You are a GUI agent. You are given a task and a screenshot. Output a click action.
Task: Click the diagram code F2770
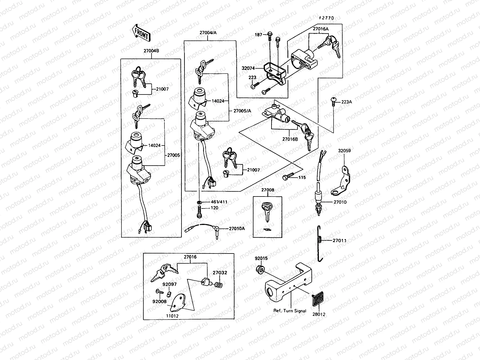click(x=326, y=18)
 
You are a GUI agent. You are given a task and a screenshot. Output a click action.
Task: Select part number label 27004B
click(x=151, y=51)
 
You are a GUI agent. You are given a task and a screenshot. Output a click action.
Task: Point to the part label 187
click(x=258, y=35)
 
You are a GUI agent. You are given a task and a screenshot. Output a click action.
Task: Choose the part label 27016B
click(x=289, y=139)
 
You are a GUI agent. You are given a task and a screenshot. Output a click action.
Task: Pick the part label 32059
click(x=344, y=151)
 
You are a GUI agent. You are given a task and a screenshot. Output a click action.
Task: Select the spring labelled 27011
click(x=320, y=242)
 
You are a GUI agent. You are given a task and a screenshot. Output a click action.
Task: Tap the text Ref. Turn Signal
click(x=290, y=311)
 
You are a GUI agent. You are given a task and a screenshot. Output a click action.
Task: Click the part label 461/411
click(x=219, y=202)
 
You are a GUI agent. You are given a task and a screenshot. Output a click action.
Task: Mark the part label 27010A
click(x=237, y=228)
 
